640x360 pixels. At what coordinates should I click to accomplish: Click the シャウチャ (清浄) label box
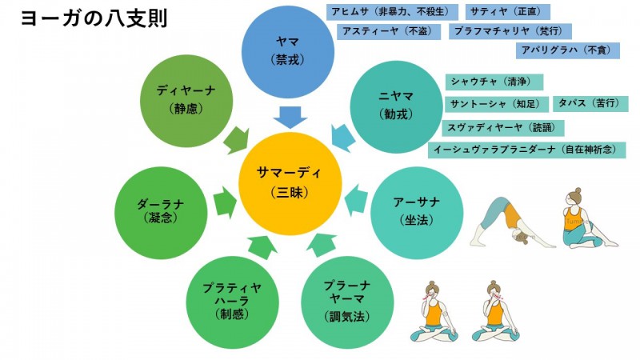point(494,82)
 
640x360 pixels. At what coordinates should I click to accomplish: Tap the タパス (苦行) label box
point(588,104)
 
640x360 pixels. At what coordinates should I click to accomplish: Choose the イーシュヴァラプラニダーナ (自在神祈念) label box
point(526,150)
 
